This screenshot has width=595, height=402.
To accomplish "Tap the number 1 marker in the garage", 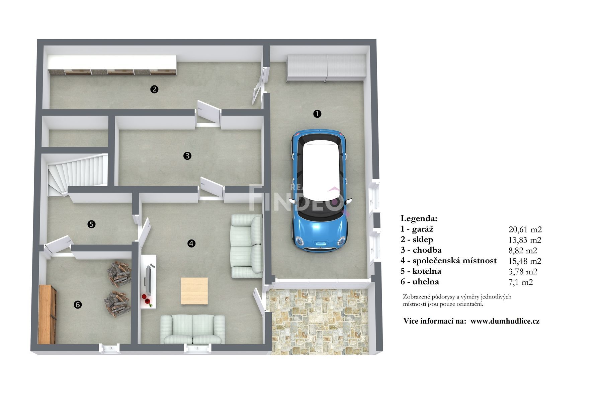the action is click(x=317, y=114).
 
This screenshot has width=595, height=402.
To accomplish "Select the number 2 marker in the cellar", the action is click(x=154, y=89).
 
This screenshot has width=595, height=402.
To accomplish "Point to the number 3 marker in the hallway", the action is click(x=187, y=156).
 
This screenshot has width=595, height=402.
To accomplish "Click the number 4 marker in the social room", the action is click(x=191, y=243).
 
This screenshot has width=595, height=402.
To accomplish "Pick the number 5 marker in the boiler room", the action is click(x=91, y=224).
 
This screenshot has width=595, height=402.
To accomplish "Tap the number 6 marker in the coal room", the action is click(x=77, y=305).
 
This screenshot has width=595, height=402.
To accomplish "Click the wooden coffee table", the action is click(x=194, y=291).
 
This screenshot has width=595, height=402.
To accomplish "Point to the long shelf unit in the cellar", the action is click(x=112, y=65).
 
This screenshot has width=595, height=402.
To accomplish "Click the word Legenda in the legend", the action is click(x=419, y=218).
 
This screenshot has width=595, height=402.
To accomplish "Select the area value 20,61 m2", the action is click(x=525, y=229).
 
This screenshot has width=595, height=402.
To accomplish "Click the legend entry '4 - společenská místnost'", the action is click(x=448, y=261).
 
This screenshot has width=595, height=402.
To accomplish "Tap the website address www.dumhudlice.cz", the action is click(x=505, y=321).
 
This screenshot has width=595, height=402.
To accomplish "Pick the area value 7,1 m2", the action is click(x=520, y=282).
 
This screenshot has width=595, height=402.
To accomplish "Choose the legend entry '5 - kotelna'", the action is click(x=421, y=271).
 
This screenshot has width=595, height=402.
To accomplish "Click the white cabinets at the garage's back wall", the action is click(x=326, y=68).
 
